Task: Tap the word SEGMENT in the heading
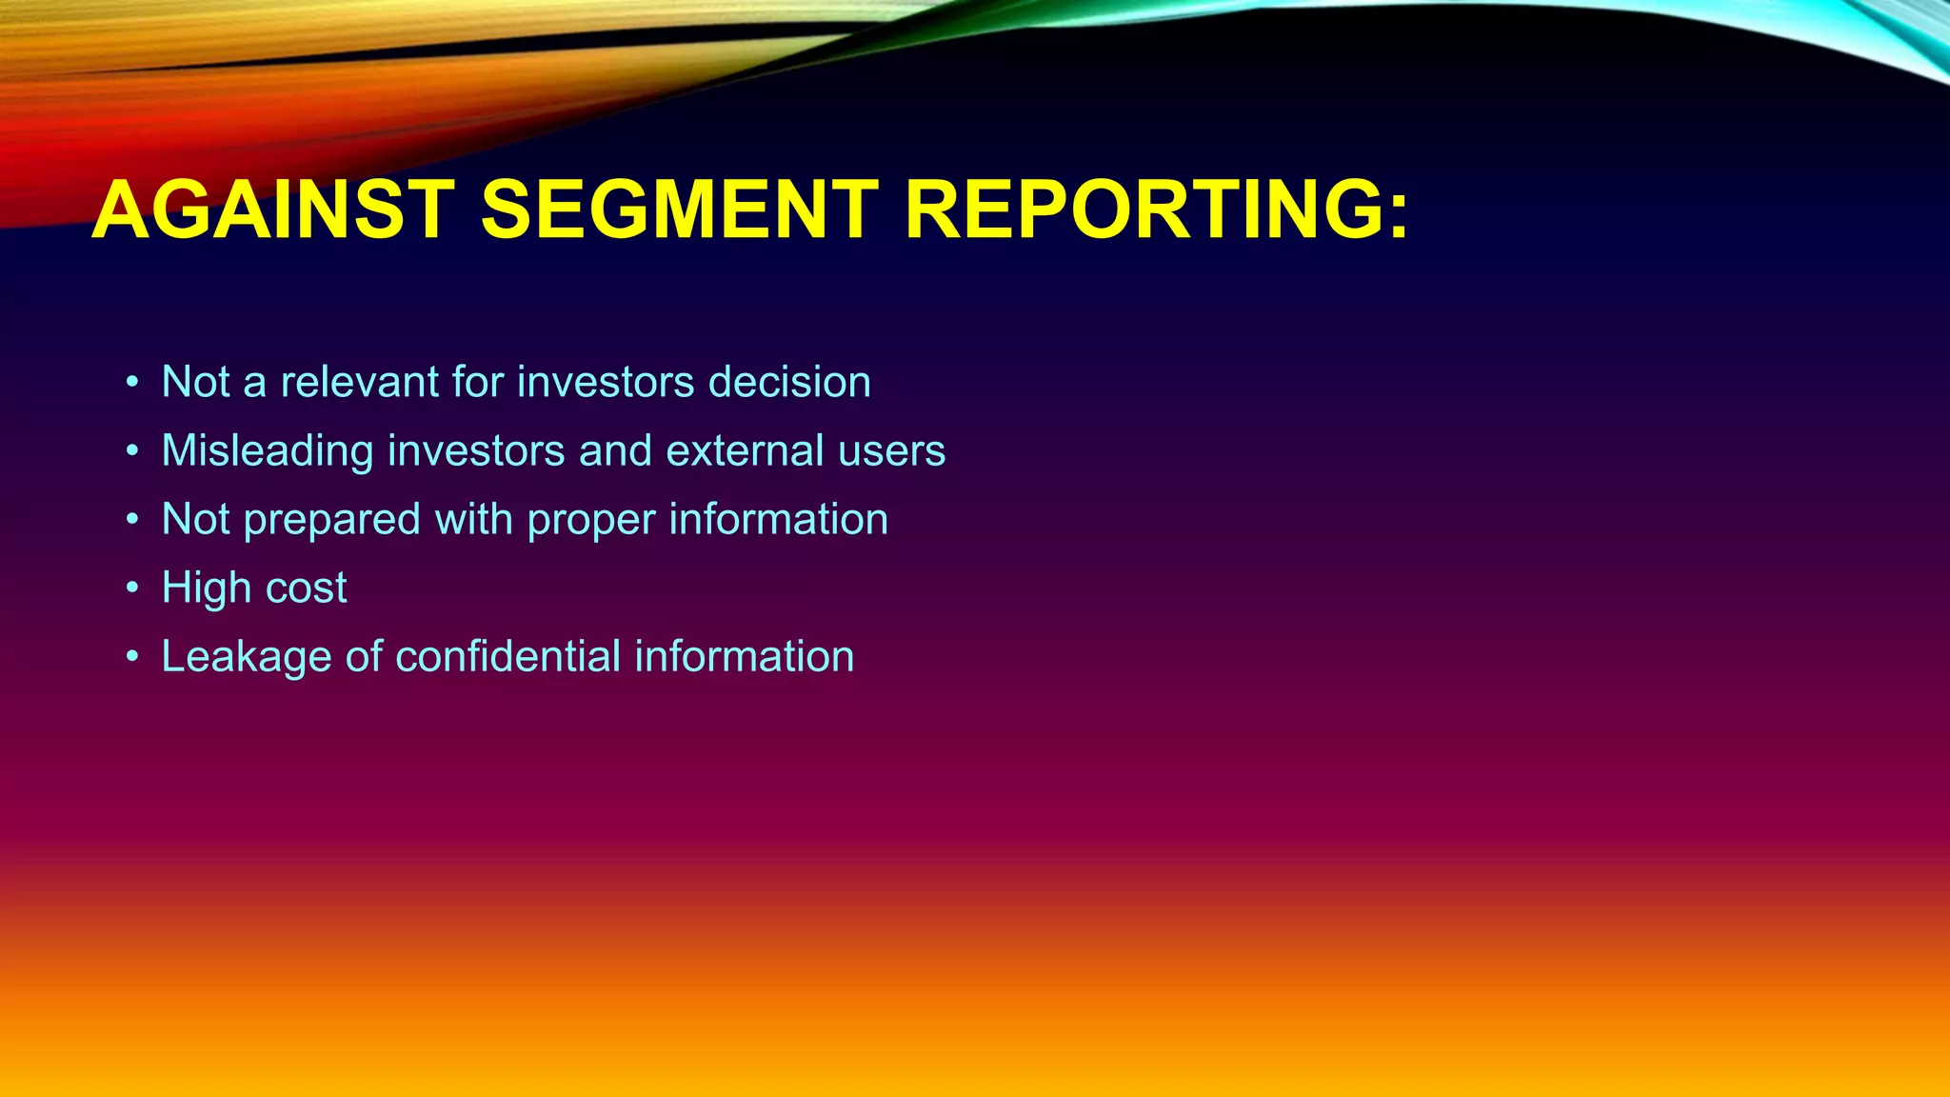click(679, 210)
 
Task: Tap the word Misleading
click(267, 450)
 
